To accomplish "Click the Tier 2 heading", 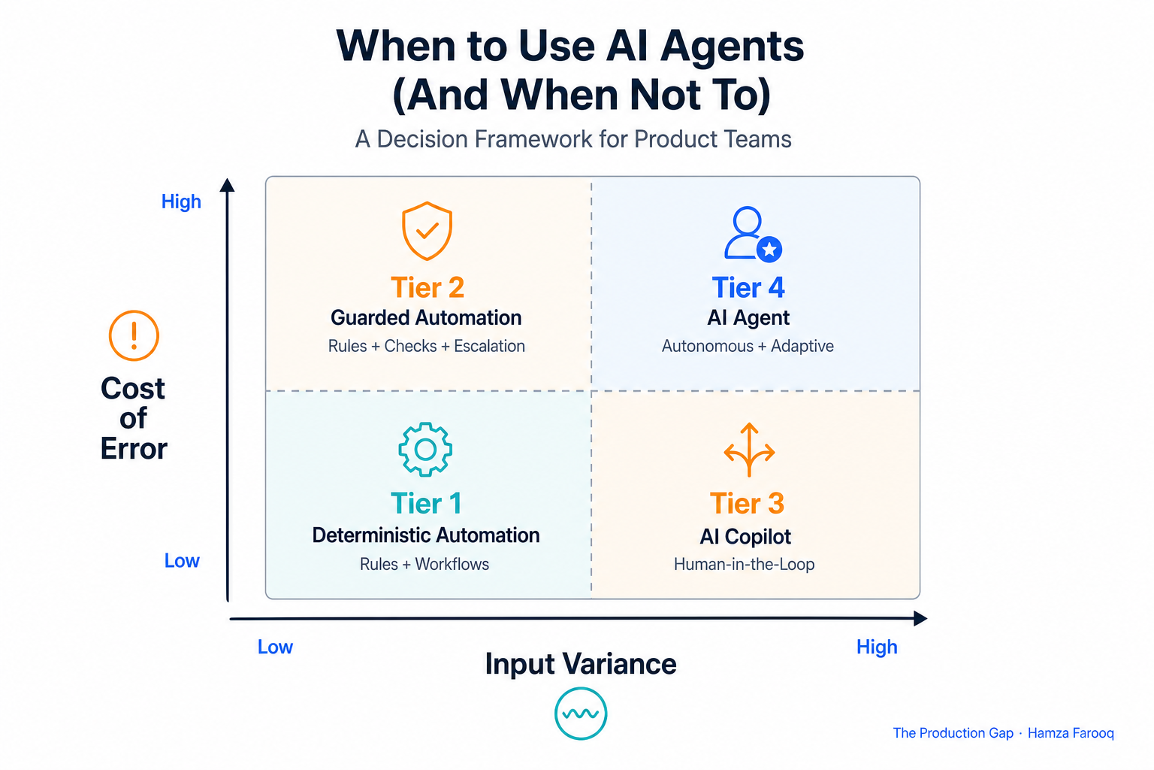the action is click(427, 287).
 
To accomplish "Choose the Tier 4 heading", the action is click(748, 287).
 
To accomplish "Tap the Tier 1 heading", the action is click(426, 503).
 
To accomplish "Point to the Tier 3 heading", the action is click(747, 503).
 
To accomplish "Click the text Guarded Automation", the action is click(426, 317).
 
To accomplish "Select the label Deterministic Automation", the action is click(426, 535).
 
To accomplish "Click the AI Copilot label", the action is click(745, 537).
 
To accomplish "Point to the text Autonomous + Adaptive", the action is click(748, 346).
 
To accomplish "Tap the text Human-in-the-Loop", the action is click(745, 564).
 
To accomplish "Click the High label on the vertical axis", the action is click(181, 202).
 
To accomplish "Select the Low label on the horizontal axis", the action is click(275, 647).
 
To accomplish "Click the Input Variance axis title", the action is click(581, 664).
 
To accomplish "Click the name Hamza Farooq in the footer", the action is click(1071, 733).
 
